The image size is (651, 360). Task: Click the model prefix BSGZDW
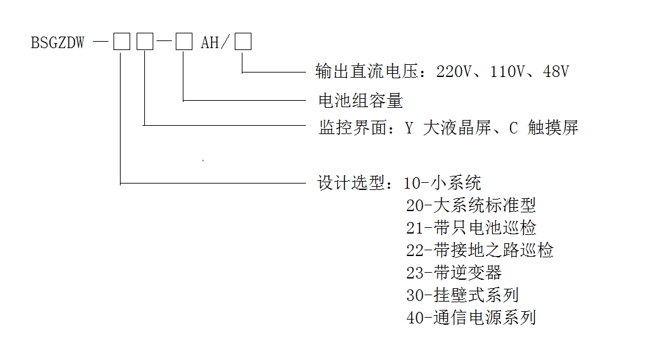[x=57, y=43]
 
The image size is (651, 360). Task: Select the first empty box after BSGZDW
[x=121, y=42]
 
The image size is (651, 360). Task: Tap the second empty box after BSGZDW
[x=145, y=42]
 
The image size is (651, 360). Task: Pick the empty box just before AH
[x=184, y=42]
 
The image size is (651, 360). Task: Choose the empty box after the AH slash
[x=242, y=42]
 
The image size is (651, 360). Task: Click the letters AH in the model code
[x=210, y=43]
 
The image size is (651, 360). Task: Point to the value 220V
[x=453, y=71]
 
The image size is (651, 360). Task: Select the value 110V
[x=507, y=71]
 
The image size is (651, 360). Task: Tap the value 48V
[x=555, y=71]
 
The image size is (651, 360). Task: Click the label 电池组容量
[x=360, y=100]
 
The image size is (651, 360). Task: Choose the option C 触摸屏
[x=544, y=128]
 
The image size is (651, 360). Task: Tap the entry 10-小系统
[x=443, y=183]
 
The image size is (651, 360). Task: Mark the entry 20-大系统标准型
[x=471, y=205]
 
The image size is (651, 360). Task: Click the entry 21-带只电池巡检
[x=471, y=228]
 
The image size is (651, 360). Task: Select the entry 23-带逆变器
[x=453, y=272]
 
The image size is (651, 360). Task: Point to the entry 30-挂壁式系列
[x=462, y=295]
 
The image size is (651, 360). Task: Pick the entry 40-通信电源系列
[x=471, y=317]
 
